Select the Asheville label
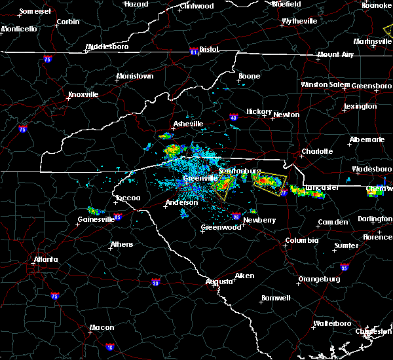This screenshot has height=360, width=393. (x=188, y=124)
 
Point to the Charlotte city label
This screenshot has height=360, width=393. (x=316, y=152)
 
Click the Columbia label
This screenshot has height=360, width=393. (x=301, y=241)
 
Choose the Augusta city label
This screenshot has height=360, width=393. (x=219, y=281)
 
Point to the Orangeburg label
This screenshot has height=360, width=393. (x=319, y=279)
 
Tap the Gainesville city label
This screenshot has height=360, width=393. (x=96, y=219)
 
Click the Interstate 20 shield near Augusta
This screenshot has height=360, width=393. (x=155, y=283)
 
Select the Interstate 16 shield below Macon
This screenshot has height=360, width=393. (x=109, y=346)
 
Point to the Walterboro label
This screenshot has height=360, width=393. (x=333, y=323)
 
